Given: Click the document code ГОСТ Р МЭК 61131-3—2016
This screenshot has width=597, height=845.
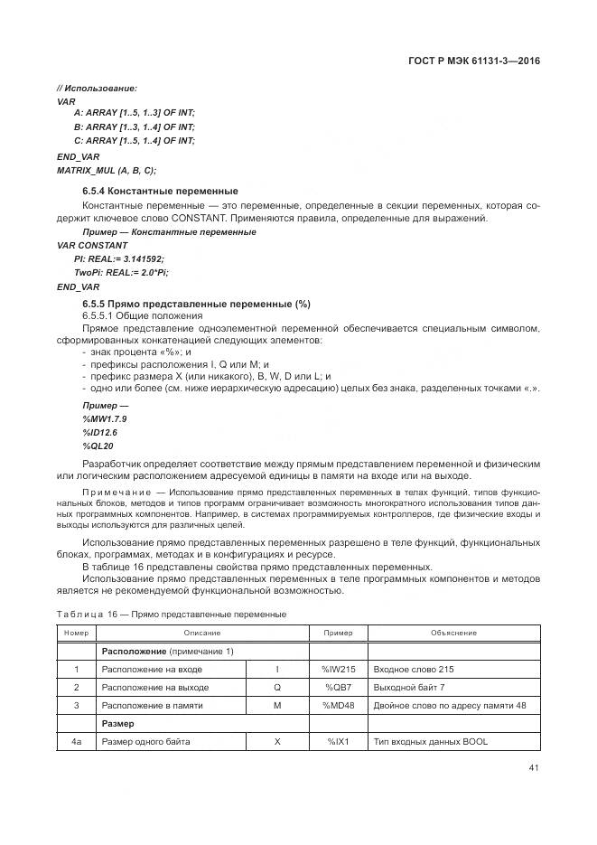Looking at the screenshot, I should pos(480,61).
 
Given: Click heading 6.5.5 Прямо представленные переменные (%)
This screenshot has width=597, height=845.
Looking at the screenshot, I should pos(196,304).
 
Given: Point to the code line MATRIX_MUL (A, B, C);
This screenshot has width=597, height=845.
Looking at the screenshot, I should pos(107,170).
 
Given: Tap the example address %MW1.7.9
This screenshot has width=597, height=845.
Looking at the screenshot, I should pos(104,420).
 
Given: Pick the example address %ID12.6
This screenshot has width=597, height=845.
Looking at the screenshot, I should pos(99,433).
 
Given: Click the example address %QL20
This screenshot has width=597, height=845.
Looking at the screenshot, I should pos(98,446).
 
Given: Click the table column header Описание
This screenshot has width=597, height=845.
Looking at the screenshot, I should pos(202,633).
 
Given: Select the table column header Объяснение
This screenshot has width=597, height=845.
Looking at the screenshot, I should pos(453,633).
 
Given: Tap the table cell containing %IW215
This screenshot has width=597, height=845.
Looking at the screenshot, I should pos(338,670).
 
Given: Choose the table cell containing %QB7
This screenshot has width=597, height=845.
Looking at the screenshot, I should pos(338,687).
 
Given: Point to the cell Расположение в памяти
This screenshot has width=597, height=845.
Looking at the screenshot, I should pos(152,705).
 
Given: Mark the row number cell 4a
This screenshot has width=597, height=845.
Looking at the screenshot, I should pos(77,742).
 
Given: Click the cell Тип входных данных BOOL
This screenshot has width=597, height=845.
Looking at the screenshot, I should pos(429,742).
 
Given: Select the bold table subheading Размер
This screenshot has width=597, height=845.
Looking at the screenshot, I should pos(117,724).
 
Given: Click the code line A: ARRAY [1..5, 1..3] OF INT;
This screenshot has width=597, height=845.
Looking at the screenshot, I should pos(134,113).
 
